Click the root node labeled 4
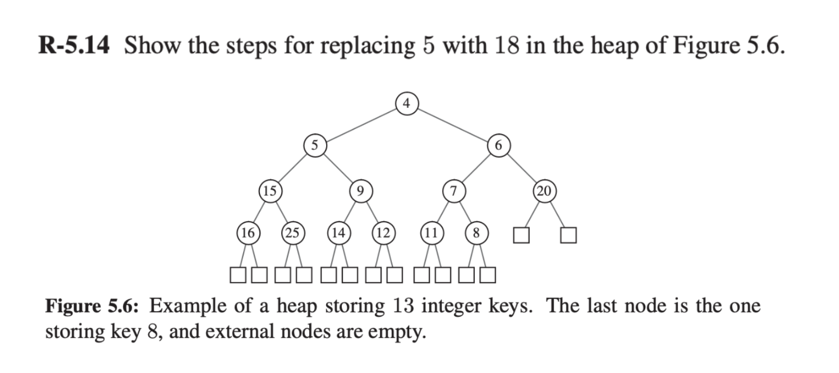tap(407, 102)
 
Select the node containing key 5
tap(315, 145)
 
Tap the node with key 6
tap(499, 145)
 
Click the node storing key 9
tap(360, 190)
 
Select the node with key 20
tap(544, 190)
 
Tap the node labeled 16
tap(248, 233)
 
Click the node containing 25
tap(293, 233)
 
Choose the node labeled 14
tap(338, 233)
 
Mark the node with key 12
tap(383, 233)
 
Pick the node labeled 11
tap(431, 233)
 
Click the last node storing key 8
tap(476, 233)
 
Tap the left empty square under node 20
tap(521, 235)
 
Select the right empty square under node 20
tap(568, 235)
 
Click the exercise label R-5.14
tap(74, 46)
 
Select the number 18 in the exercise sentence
tap(506, 46)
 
